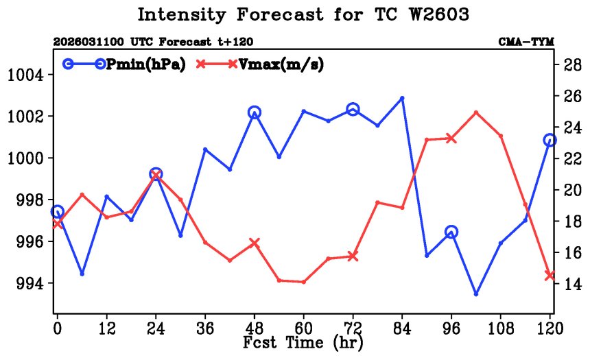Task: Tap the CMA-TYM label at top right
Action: tap(526, 43)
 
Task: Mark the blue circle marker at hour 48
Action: tap(255, 113)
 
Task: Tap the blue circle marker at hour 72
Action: tap(353, 109)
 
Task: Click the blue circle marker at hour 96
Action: tap(451, 232)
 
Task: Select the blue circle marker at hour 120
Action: tap(550, 140)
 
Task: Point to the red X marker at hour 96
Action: tap(451, 139)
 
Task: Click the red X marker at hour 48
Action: tap(255, 243)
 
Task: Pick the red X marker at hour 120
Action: tap(550, 275)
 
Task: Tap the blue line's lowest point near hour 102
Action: tap(476, 293)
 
